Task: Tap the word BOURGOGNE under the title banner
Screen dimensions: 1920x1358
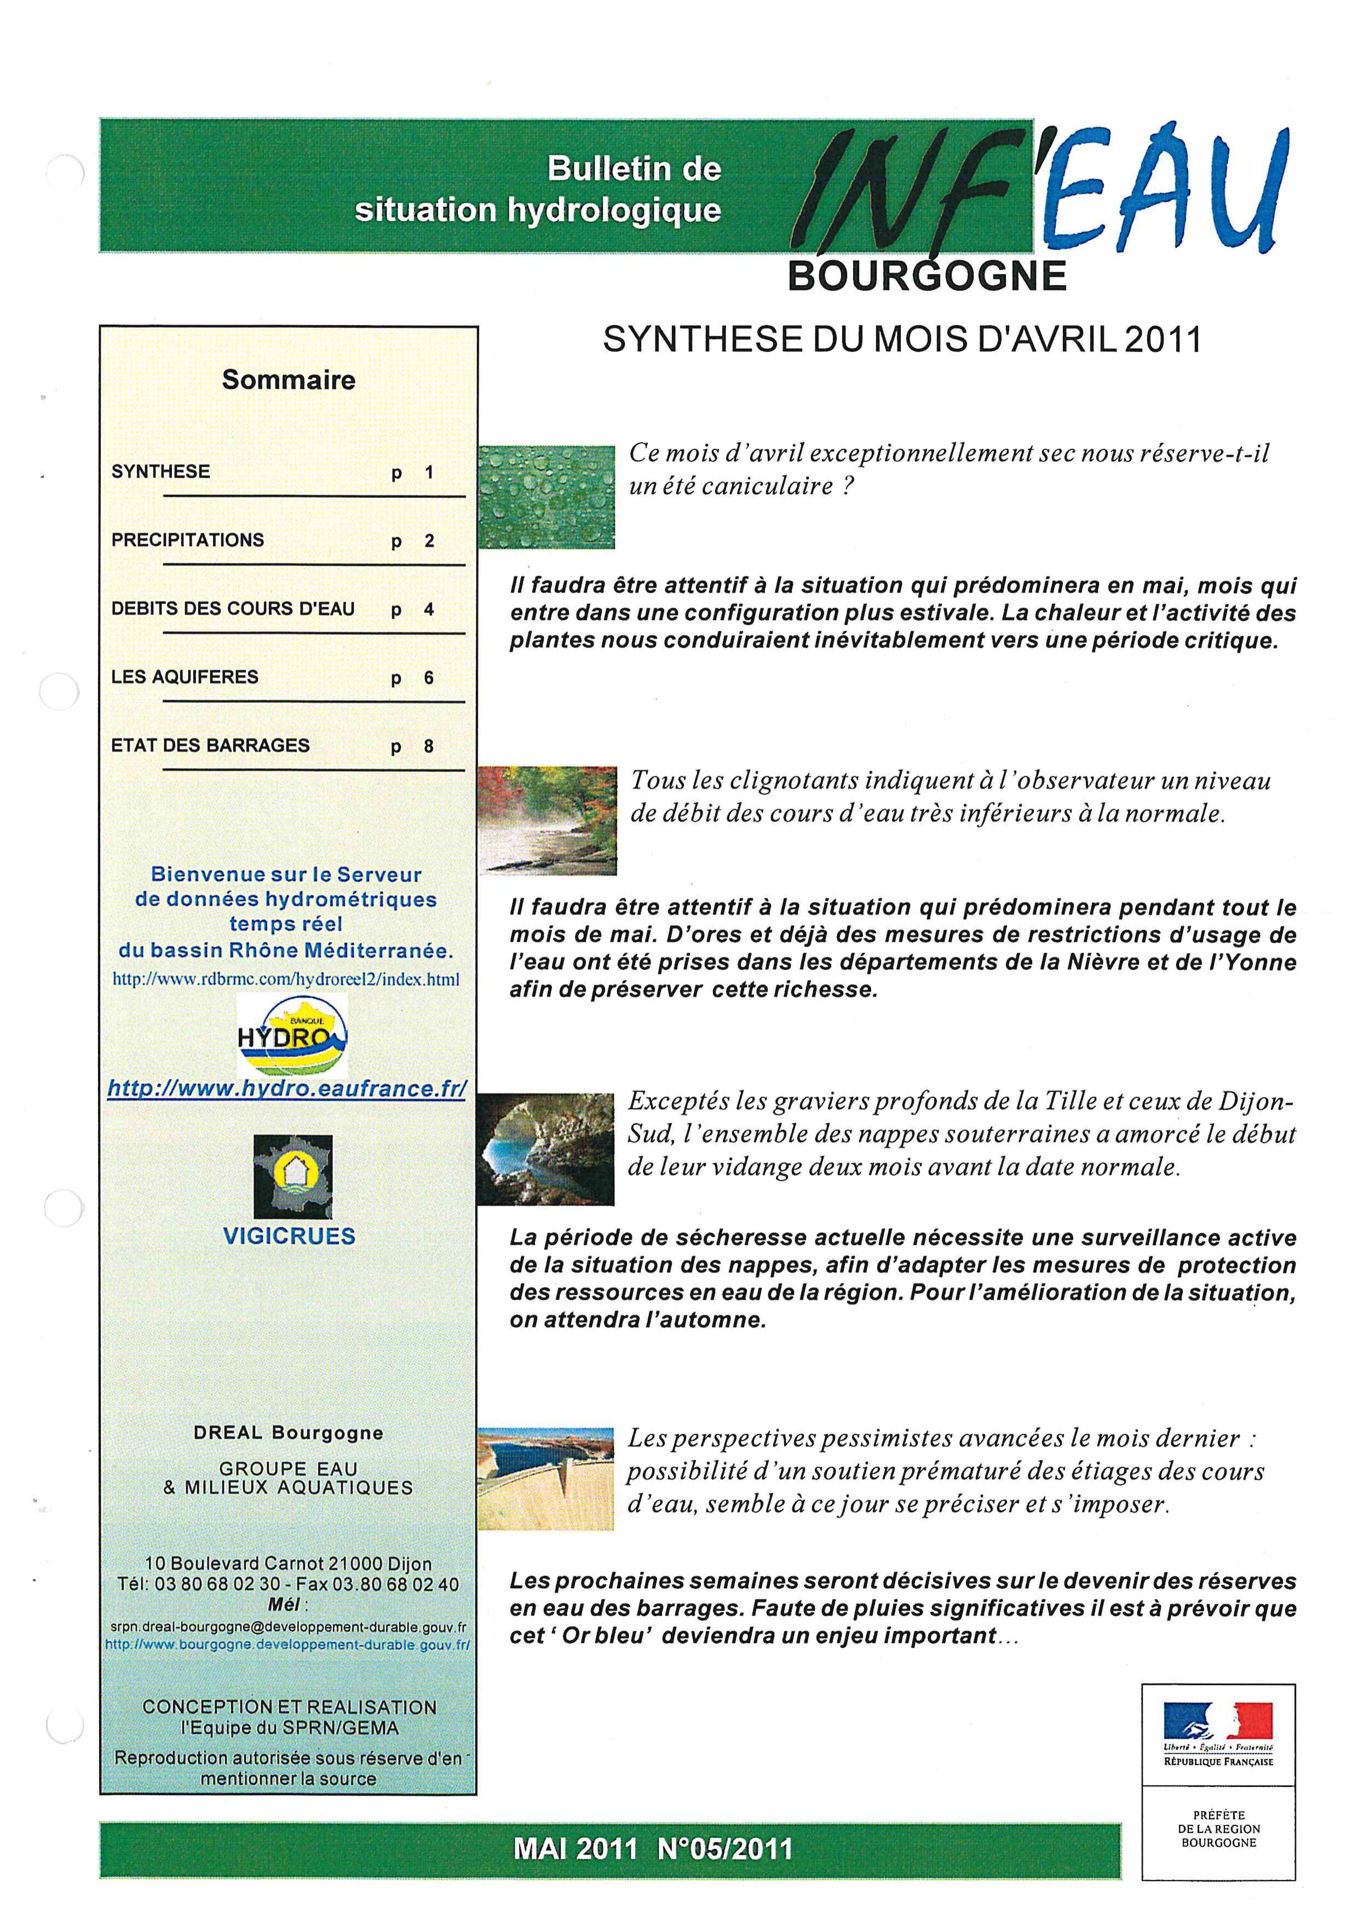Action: click(927, 276)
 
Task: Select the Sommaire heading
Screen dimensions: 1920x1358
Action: click(289, 380)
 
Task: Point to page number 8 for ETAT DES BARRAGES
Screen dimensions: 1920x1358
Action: click(429, 746)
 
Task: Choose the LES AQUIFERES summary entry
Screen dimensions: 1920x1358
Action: click(185, 677)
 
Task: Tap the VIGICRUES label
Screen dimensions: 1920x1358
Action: click(289, 1236)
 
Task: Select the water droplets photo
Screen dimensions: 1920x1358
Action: click(546, 497)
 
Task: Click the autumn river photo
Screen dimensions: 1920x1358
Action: click(547, 820)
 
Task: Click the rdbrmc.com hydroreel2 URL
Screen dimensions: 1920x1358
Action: click(286, 979)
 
